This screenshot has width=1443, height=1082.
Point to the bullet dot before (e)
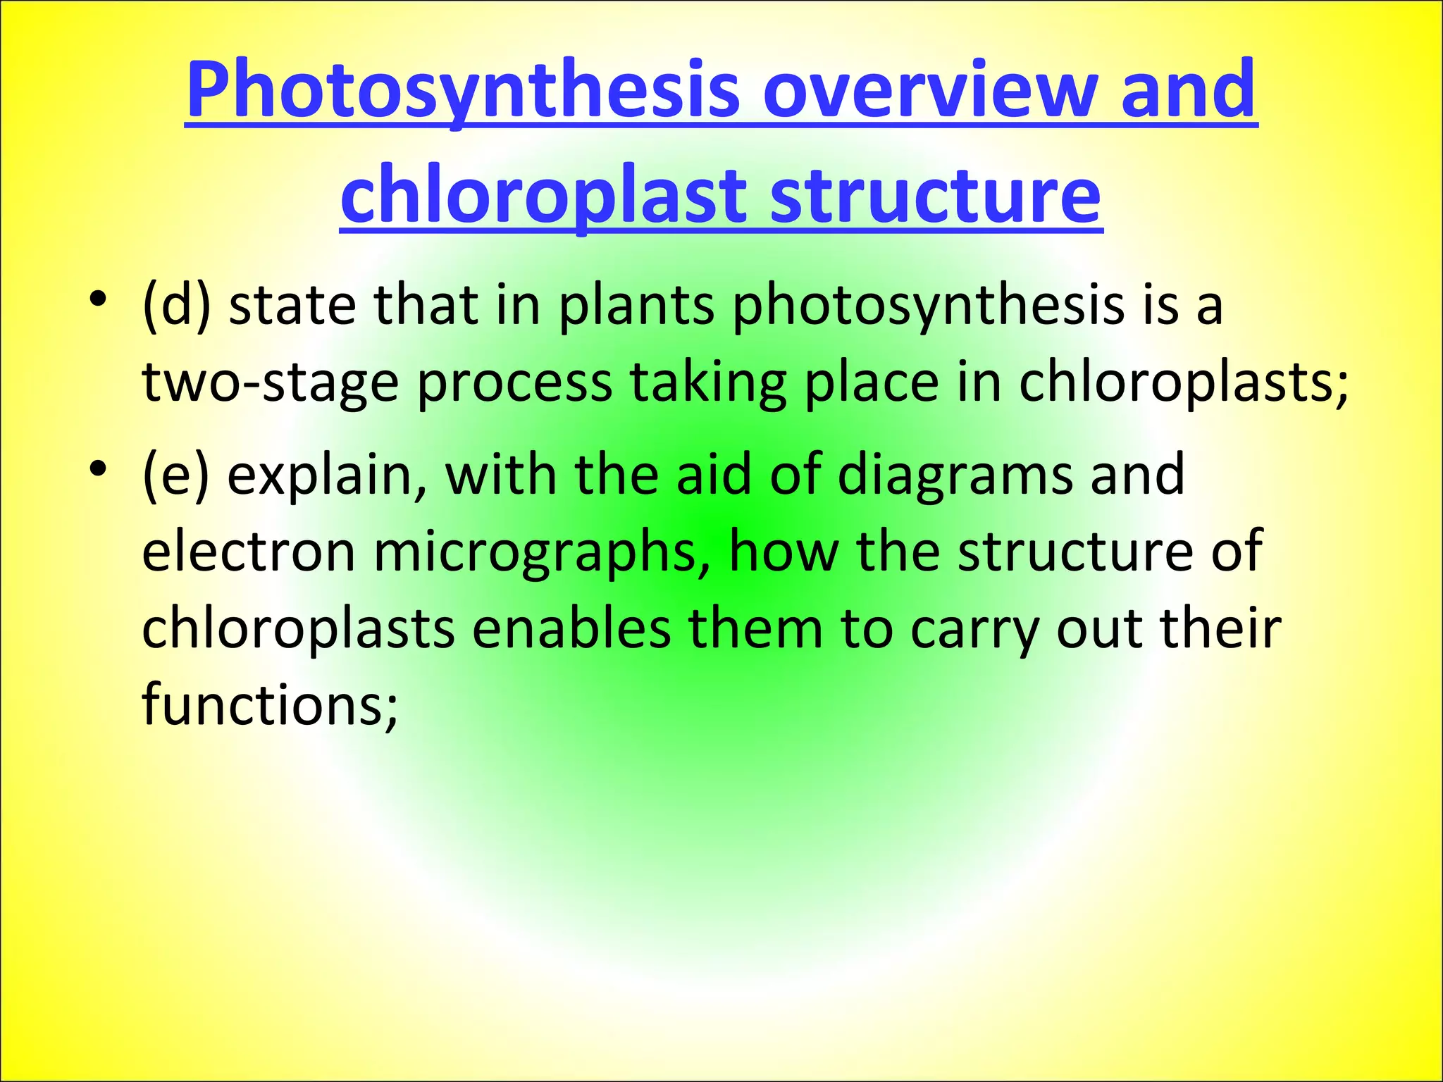98,468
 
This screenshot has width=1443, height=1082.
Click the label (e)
175,475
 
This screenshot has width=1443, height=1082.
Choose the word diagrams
955,476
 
